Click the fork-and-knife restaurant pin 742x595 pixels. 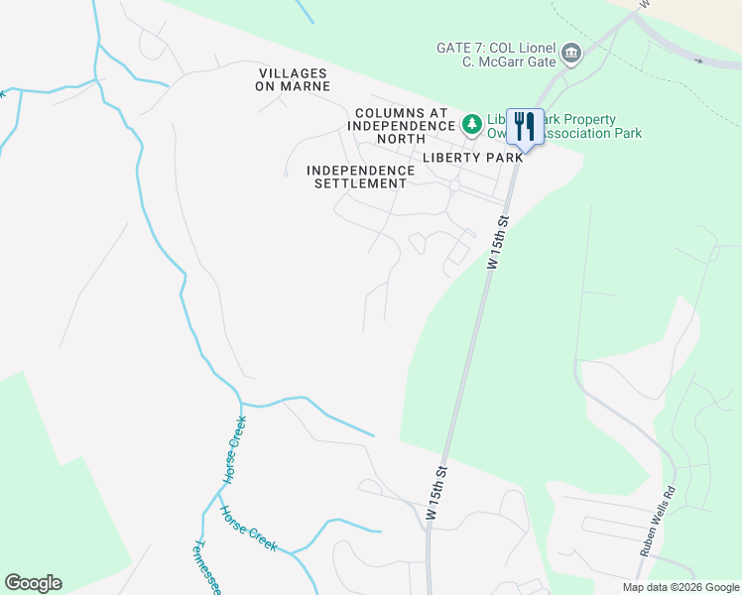click(525, 126)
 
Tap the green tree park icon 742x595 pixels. click(472, 124)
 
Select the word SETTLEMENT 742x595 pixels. click(360, 183)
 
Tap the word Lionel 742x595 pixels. click(532, 48)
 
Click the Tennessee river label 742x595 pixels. click(206, 568)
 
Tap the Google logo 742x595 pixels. click(33, 583)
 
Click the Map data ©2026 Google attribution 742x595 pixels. click(680, 587)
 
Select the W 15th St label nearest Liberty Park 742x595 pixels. click(498, 242)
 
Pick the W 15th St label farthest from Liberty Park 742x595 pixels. click(437, 493)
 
